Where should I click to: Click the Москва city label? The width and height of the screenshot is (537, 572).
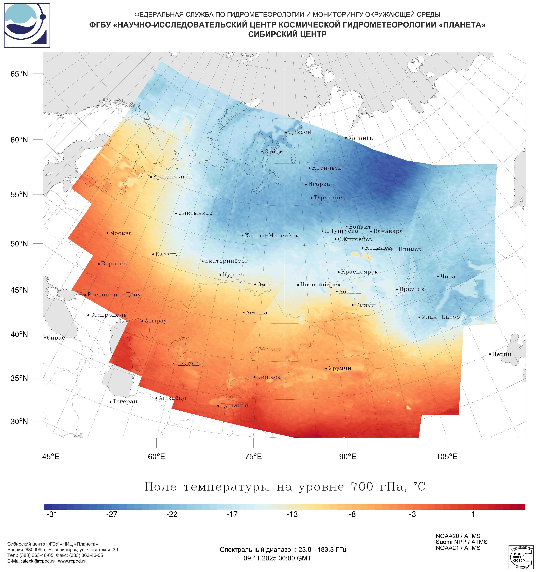(x=121, y=233)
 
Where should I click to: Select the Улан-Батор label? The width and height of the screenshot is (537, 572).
(x=441, y=317)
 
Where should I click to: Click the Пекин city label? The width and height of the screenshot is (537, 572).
(x=502, y=354)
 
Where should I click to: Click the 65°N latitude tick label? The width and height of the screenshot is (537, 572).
(x=19, y=74)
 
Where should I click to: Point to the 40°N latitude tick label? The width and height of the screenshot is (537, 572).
(x=19, y=334)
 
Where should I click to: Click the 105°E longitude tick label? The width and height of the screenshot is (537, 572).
(x=447, y=457)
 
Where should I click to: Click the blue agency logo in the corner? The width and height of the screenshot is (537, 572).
(x=27, y=25)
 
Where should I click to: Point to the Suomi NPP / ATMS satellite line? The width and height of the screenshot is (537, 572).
(x=461, y=542)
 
